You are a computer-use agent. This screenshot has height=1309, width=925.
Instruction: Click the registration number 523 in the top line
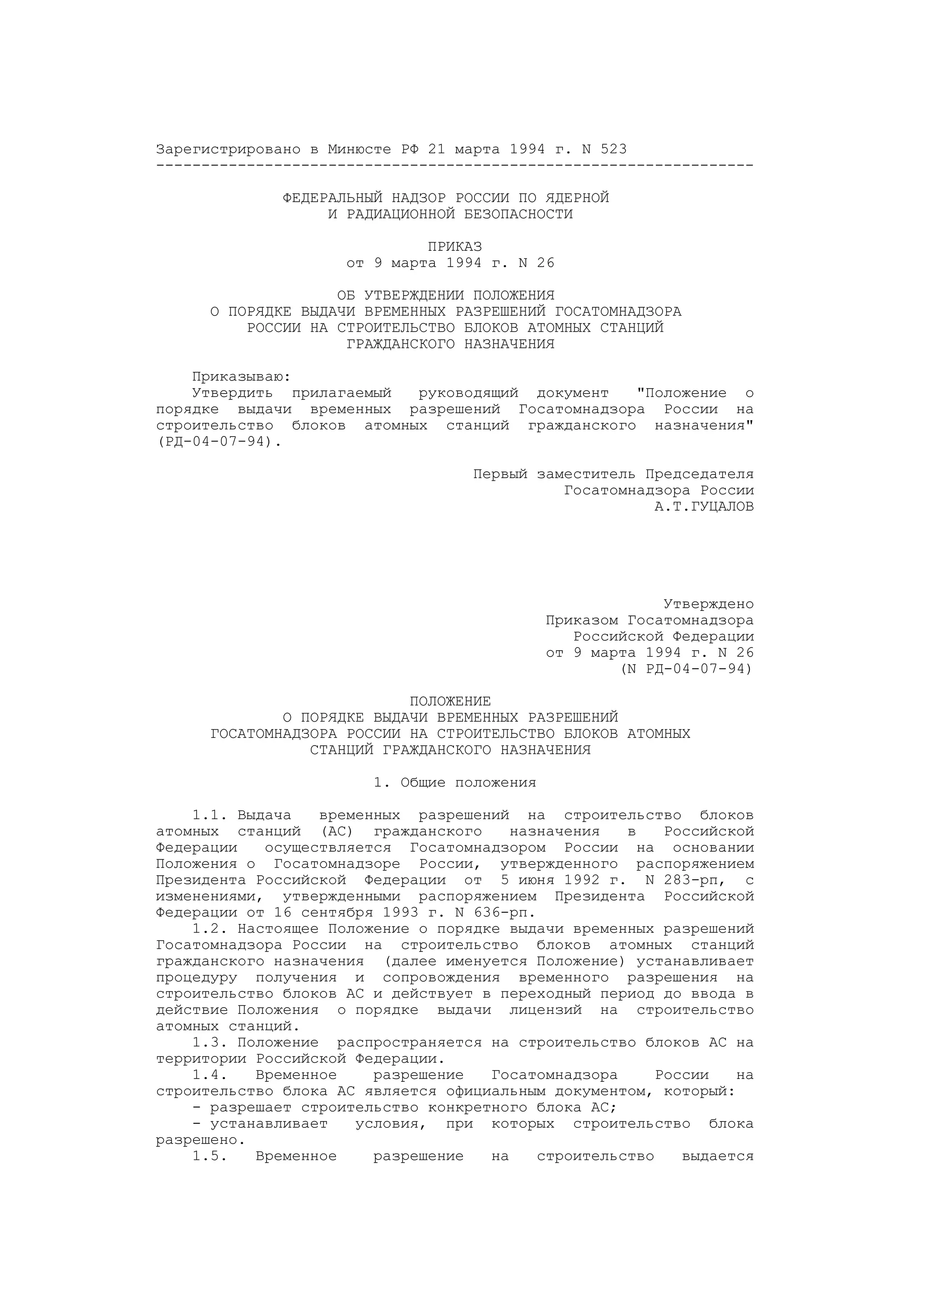[x=613, y=150]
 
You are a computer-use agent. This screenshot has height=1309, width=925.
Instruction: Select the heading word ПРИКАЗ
[x=455, y=247]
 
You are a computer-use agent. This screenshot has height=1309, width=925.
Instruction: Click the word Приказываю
[x=241, y=377]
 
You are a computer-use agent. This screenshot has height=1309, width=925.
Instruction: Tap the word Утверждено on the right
[x=708, y=604]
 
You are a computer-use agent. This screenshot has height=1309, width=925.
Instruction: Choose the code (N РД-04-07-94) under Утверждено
[x=687, y=669]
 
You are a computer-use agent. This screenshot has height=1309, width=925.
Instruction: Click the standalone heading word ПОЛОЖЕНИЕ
[x=450, y=701]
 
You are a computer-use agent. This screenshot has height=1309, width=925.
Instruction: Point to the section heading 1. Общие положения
[x=455, y=783]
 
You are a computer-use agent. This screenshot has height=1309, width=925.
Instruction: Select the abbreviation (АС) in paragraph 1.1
[x=337, y=831]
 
